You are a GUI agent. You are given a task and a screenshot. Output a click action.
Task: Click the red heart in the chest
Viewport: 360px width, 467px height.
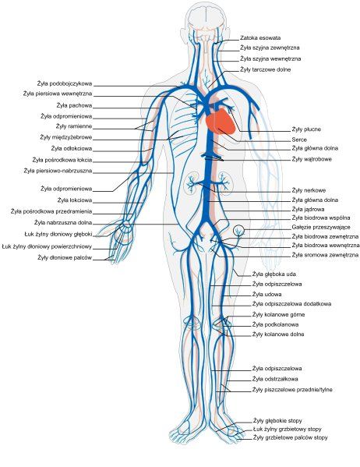220,122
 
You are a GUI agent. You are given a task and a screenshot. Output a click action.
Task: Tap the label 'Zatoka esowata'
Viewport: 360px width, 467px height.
260,38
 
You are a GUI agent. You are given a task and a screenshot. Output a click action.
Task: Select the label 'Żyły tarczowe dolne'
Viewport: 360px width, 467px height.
265,69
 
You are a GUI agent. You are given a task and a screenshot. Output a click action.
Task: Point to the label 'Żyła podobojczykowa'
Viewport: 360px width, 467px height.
65,83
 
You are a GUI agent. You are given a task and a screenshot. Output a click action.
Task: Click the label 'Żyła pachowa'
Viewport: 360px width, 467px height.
74,105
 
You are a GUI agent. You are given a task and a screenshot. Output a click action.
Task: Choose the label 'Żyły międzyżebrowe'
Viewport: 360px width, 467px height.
65,137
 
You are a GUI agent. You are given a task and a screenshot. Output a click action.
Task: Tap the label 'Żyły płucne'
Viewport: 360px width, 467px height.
306,129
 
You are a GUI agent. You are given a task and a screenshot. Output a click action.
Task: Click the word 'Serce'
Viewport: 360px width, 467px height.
299,140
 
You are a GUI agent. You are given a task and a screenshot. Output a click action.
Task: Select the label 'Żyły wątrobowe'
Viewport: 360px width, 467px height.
312,159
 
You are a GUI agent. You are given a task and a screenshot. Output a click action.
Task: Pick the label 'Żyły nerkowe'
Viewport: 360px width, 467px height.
309,190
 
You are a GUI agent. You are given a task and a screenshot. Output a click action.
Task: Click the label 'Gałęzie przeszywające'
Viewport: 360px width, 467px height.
321,227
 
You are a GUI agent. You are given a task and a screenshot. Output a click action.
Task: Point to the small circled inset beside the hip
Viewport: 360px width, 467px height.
238,230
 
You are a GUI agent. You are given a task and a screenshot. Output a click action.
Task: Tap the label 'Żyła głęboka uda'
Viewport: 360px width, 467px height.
274,274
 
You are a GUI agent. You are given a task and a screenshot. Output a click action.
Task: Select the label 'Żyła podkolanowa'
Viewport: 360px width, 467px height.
275,324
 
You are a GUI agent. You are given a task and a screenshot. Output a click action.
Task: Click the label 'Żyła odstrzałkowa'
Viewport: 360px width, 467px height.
275,379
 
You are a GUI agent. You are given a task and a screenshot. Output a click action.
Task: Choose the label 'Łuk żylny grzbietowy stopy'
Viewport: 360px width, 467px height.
287,429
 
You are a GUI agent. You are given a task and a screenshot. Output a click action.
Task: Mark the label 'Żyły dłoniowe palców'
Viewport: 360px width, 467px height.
65,257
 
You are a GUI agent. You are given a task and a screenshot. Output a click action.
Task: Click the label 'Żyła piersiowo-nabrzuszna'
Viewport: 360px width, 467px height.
58,171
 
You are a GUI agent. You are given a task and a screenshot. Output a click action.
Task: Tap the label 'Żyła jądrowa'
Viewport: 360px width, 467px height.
308,210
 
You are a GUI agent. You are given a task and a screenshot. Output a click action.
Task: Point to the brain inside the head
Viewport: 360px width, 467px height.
206,19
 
